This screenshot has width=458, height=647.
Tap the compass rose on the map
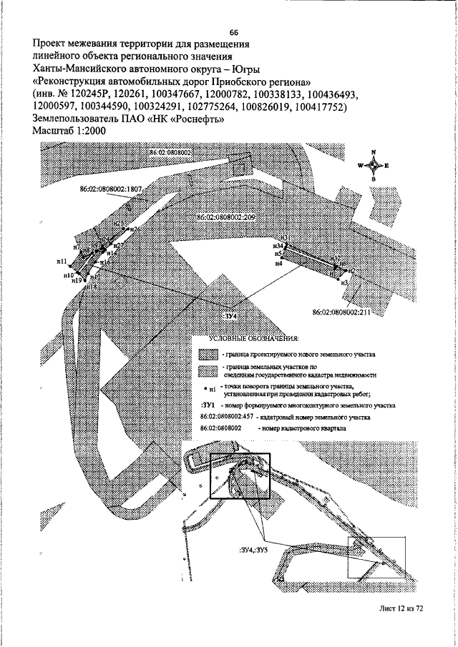coord(372,165)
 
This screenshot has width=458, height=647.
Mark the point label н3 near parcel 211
coord(345,283)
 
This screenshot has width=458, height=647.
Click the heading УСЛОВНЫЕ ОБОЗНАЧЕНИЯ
coord(253,337)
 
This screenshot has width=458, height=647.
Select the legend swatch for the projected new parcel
coord(208,355)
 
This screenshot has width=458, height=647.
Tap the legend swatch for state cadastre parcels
coord(208,370)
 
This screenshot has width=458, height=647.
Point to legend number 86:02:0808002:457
coord(228,415)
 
